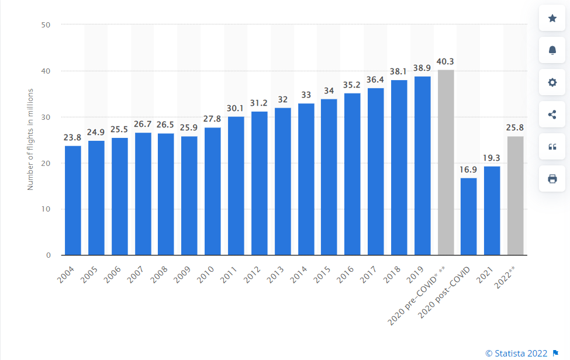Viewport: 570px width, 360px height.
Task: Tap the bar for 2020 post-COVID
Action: point(469,216)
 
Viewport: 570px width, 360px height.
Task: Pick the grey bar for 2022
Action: point(515,196)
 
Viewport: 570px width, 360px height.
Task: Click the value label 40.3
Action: point(445,62)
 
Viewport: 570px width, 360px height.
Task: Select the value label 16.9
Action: point(469,170)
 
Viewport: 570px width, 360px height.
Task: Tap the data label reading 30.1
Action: point(236,109)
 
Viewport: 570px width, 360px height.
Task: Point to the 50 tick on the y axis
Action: point(46,25)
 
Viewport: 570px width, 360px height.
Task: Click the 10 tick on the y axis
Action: point(46,209)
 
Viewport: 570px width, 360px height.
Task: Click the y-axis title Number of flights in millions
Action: point(30,140)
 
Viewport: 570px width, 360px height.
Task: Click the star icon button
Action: point(552,18)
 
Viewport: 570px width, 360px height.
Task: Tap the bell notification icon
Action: point(552,50)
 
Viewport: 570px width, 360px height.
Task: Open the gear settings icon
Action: point(552,82)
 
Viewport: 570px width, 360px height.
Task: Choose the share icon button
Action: point(552,115)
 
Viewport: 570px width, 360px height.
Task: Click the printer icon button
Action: point(552,179)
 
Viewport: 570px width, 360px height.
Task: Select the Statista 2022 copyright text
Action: point(516,353)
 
